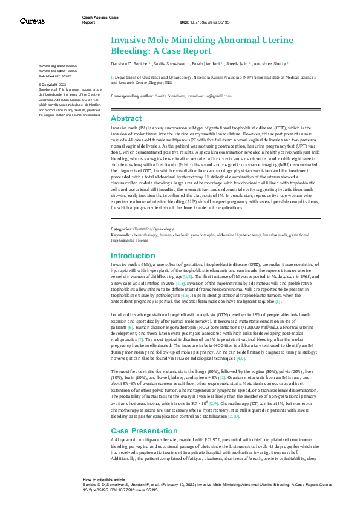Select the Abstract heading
(x=126, y=118)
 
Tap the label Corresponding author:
(x=133, y=96)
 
